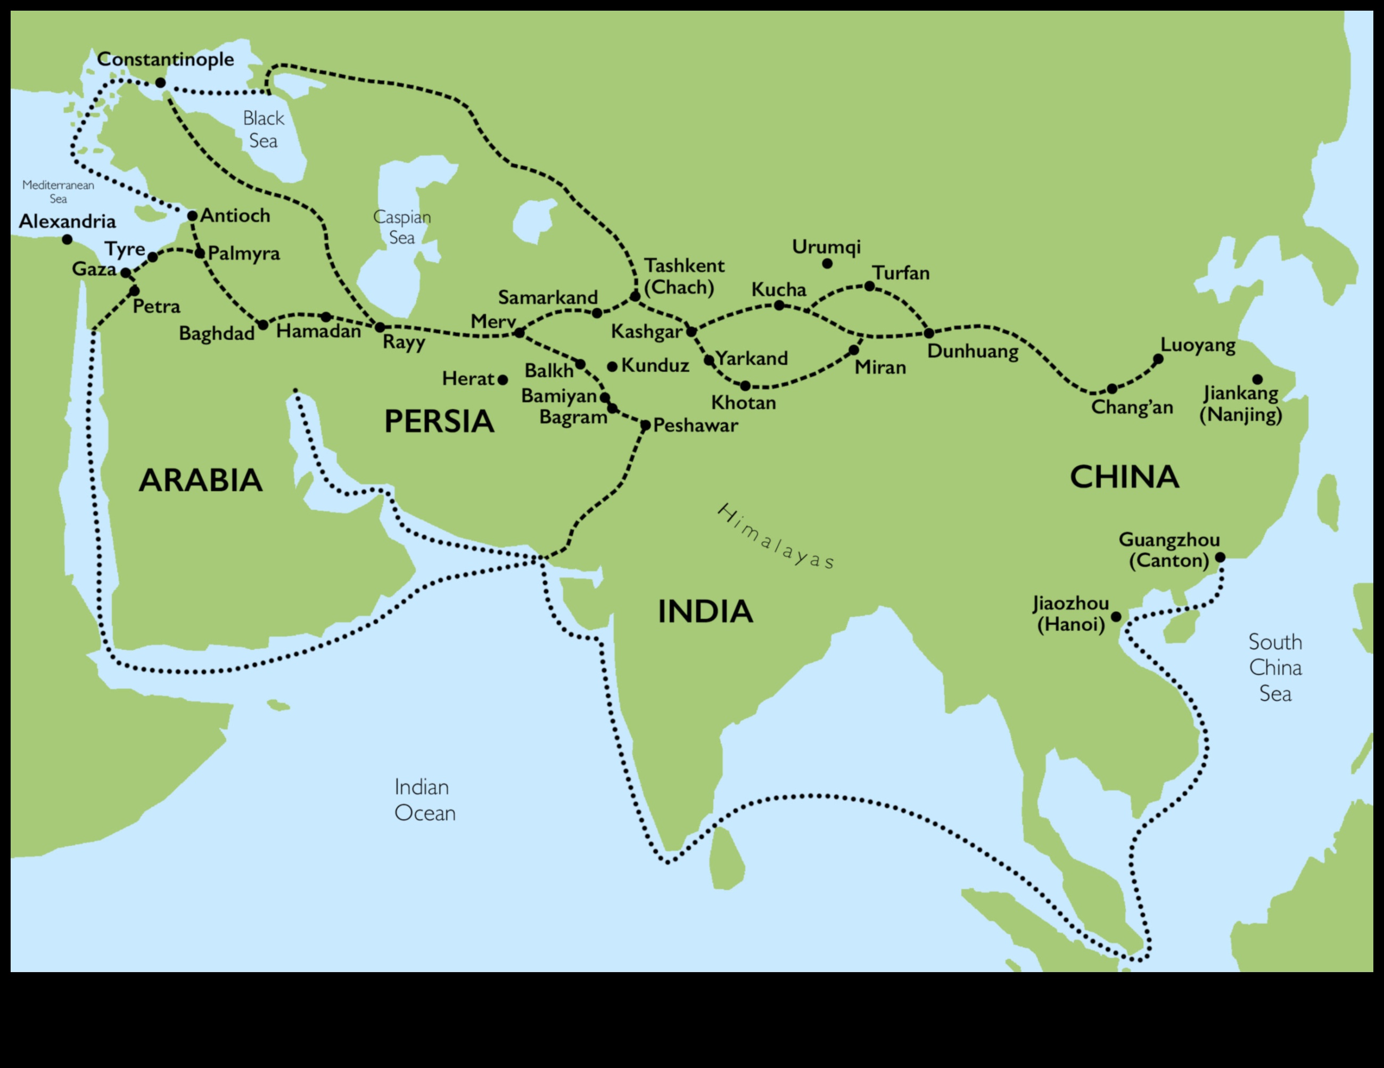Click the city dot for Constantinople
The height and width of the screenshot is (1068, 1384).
[160, 83]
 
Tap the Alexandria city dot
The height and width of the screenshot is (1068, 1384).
[67, 240]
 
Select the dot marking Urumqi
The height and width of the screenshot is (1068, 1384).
[827, 264]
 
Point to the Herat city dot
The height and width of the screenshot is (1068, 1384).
[502, 380]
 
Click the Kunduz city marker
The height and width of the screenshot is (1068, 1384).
[612, 366]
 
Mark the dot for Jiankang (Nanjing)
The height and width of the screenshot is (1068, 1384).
[1257, 380]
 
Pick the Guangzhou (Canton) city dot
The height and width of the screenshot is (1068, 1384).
[1220, 558]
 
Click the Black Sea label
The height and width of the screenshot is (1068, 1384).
[263, 129]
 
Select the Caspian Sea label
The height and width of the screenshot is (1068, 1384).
[402, 227]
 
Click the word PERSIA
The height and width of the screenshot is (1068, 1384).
[439, 422]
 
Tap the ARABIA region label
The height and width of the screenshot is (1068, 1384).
[200, 480]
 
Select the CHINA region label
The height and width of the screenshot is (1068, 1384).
[1124, 477]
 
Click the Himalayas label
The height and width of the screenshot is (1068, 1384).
[776, 536]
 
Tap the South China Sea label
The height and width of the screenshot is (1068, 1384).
[1275, 668]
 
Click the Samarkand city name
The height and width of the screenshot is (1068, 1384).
[548, 297]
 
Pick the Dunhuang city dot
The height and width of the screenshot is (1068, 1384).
[929, 333]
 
